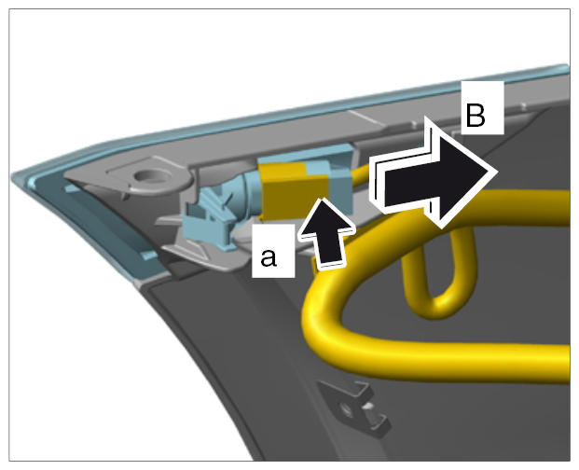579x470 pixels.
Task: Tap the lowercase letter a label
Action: click(269, 257)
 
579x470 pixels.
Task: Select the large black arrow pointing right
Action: click(433, 173)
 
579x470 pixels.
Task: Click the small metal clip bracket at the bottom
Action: click(353, 406)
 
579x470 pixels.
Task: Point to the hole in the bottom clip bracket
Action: click(347, 408)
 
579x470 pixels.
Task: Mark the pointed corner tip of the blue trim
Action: click(13, 176)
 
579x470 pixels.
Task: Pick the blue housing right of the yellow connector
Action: click(340, 184)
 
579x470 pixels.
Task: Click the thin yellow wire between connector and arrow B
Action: click(361, 173)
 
